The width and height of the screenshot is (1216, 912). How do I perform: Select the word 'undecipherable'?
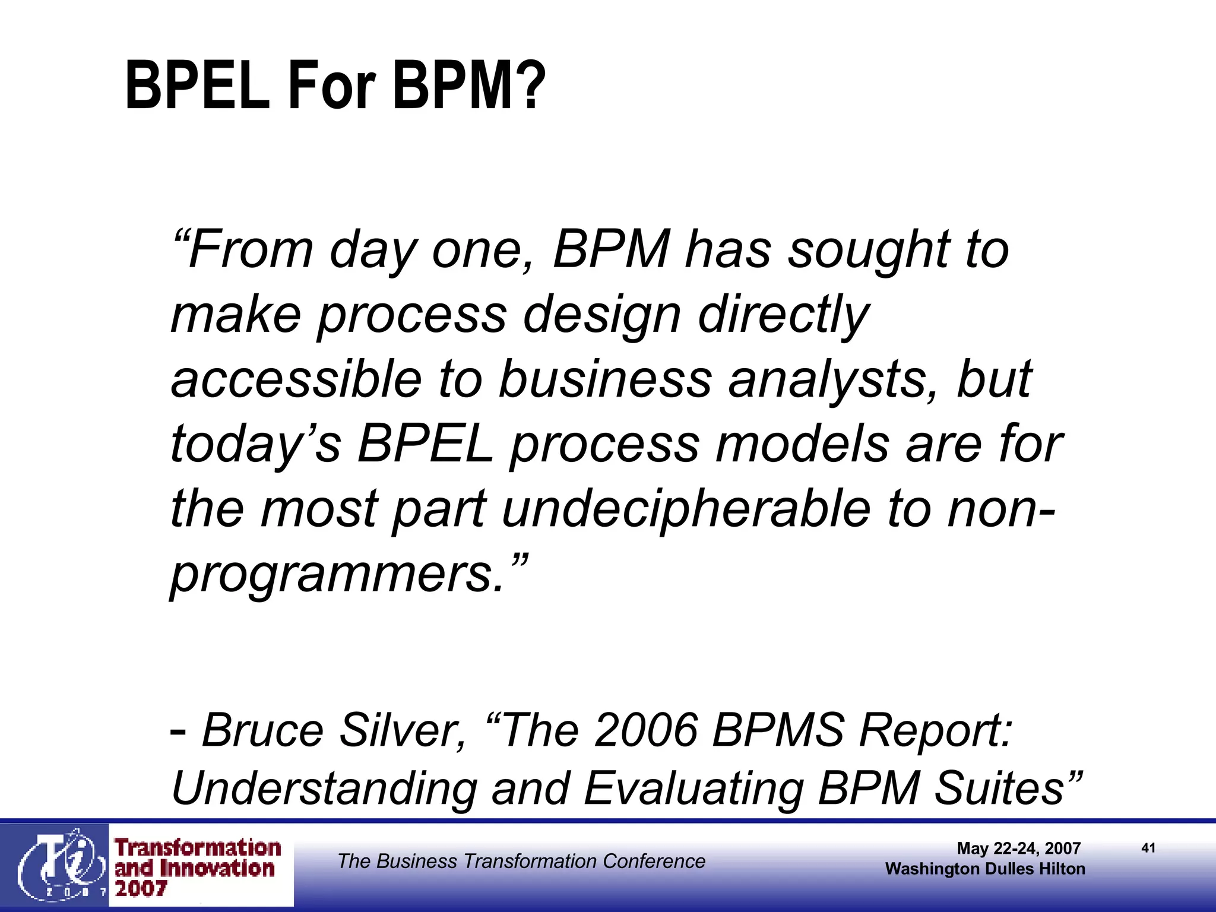686,509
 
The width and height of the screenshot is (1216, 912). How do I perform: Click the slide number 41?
1148,848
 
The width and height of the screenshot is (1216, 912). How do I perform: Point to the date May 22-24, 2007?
1018,848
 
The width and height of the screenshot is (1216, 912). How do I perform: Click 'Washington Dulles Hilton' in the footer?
985,869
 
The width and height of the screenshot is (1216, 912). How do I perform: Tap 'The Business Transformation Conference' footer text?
521,861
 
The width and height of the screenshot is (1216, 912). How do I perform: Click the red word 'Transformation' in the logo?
198,848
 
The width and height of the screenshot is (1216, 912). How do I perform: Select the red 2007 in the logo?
141,889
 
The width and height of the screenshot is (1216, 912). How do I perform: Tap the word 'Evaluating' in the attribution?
693,788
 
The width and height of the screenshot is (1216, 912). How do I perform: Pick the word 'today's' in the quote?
256,444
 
